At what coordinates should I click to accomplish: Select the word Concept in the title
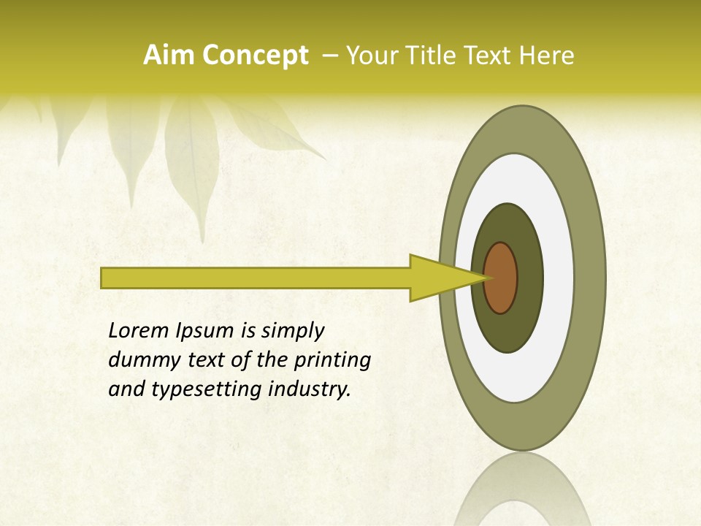point(256,56)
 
